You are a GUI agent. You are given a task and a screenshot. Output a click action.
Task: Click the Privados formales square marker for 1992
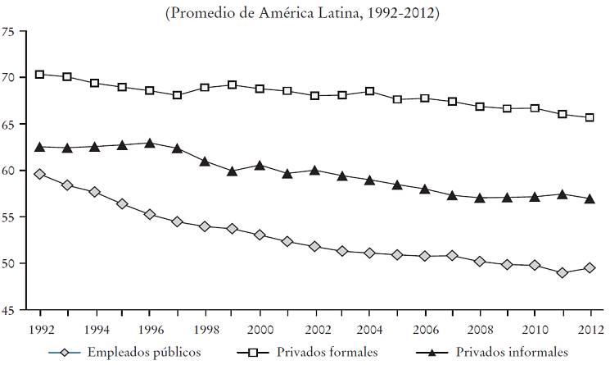click(39, 75)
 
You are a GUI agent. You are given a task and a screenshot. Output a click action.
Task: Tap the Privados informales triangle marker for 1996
click(149, 143)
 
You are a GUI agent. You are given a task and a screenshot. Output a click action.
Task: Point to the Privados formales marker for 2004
click(369, 91)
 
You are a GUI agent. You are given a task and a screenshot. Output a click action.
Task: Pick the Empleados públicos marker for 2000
click(260, 235)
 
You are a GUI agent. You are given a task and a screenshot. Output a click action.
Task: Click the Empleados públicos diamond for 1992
click(39, 174)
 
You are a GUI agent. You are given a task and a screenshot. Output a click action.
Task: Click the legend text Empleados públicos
click(144, 353)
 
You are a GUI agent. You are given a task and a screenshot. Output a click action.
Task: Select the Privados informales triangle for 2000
click(260, 165)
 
